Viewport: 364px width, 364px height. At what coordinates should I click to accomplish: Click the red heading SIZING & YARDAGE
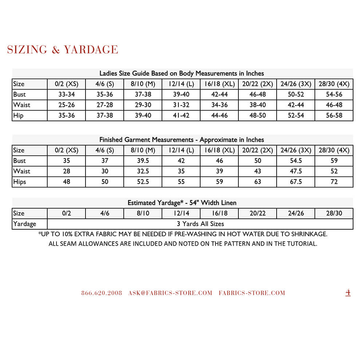pyautogui.click(x=63, y=50)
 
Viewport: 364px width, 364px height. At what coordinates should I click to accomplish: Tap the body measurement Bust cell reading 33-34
pyautogui.click(x=66, y=94)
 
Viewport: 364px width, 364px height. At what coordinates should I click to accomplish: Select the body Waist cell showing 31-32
pyautogui.click(x=181, y=105)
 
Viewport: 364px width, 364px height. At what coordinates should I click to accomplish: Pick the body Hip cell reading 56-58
pyautogui.click(x=334, y=115)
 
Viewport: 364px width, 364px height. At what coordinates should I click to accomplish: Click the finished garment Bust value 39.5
pyautogui.click(x=143, y=161)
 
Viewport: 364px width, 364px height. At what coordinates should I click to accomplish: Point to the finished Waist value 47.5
pyautogui.click(x=296, y=171)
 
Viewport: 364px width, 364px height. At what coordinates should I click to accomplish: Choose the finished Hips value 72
pyautogui.click(x=334, y=182)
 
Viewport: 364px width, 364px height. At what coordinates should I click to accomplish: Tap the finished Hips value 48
pyautogui.click(x=66, y=182)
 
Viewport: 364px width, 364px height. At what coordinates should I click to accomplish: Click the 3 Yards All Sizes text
pyautogui.click(x=200, y=224)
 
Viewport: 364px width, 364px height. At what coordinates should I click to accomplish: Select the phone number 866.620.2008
pyautogui.click(x=102, y=293)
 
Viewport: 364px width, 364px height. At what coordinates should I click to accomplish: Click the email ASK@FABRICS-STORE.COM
pyautogui.click(x=170, y=293)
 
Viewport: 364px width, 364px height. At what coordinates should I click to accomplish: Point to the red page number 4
pyautogui.click(x=348, y=292)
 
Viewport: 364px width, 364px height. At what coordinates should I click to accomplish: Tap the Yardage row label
pyautogui.click(x=24, y=224)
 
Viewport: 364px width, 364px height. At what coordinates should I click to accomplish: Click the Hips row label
pyautogui.click(x=20, y=182)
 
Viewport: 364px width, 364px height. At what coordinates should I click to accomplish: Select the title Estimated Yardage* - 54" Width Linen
pyautogui.click(x=182, y=203)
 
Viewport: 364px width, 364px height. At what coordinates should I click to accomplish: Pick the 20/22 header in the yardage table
pyautogui.click(x=257, y=213)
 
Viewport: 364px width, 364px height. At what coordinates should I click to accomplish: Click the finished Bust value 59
pyautogui.click(x=334, y=161)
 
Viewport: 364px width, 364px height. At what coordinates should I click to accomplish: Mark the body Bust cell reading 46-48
pyautogui.click(x=257, y=94)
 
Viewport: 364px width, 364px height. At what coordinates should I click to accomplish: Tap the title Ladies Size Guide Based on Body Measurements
pyautogui.click(x=182, y=73)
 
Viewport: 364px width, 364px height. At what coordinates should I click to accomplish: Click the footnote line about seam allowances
pyautogui.click(x=183, y=244)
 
